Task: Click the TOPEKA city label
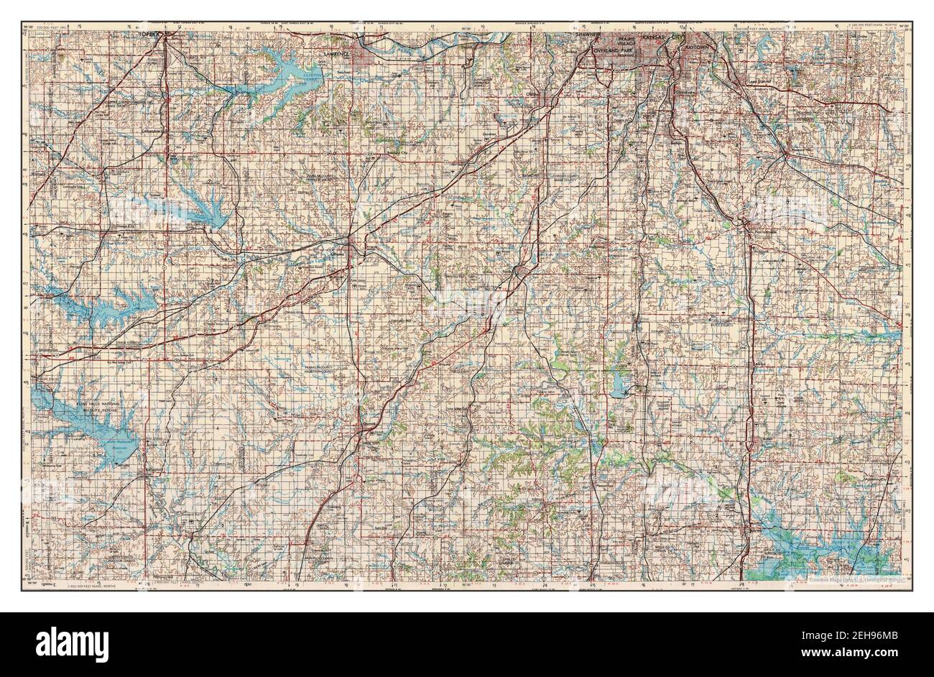pos(153,33)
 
